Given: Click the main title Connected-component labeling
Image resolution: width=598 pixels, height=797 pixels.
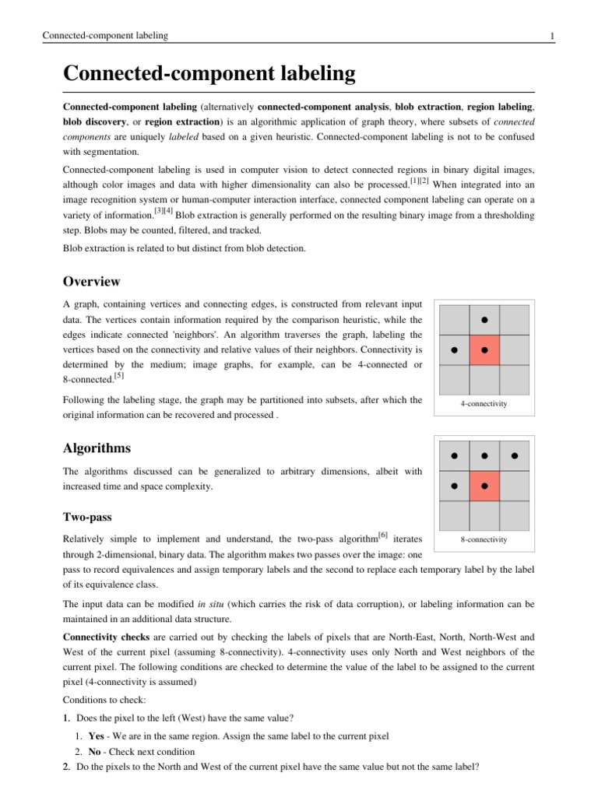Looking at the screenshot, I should (x=209, y=74).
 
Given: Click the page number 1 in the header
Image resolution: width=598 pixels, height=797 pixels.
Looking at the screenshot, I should (x=551, y=36).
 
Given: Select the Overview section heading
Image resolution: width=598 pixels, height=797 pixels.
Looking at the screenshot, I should (x=91, y=281).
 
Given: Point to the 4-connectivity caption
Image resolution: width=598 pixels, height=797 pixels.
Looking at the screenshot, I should (x=484, y=404).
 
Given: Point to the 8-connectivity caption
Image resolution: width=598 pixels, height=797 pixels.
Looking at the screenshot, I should (x=484, y=539).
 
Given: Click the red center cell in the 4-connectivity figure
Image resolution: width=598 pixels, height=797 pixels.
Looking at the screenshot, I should (x=484, y=350).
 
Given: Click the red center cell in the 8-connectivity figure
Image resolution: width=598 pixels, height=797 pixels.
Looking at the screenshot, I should (x=484, y=486).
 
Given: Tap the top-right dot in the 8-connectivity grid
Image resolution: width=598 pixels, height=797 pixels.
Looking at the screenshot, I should (x=514, y=455).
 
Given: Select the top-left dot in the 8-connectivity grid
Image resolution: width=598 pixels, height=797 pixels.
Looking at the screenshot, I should (x=454, y=455).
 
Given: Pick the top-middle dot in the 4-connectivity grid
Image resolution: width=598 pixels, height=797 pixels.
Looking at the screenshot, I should (x=484, y=320).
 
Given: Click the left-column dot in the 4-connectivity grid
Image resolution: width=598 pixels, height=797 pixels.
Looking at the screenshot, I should (x=454, y=350).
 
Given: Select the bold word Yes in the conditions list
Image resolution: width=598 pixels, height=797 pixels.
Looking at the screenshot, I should (x=97, y=736).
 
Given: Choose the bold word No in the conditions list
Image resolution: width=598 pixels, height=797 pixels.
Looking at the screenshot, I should (x=95, y=752).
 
